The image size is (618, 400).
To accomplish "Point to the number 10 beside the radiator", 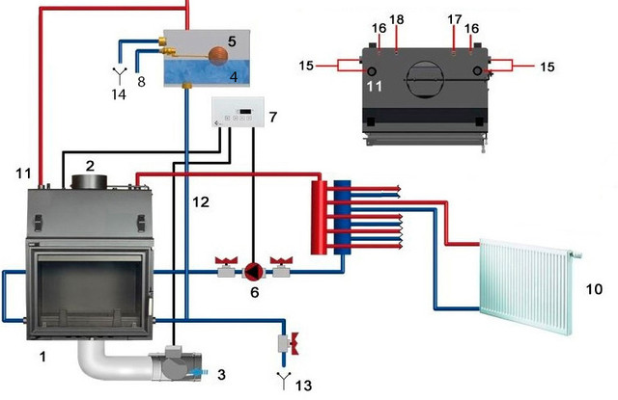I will (x=594, y=288).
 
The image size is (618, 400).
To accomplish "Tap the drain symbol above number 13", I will (x=282, y=375).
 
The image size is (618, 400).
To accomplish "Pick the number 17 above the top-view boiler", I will (x=454, y=18).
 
